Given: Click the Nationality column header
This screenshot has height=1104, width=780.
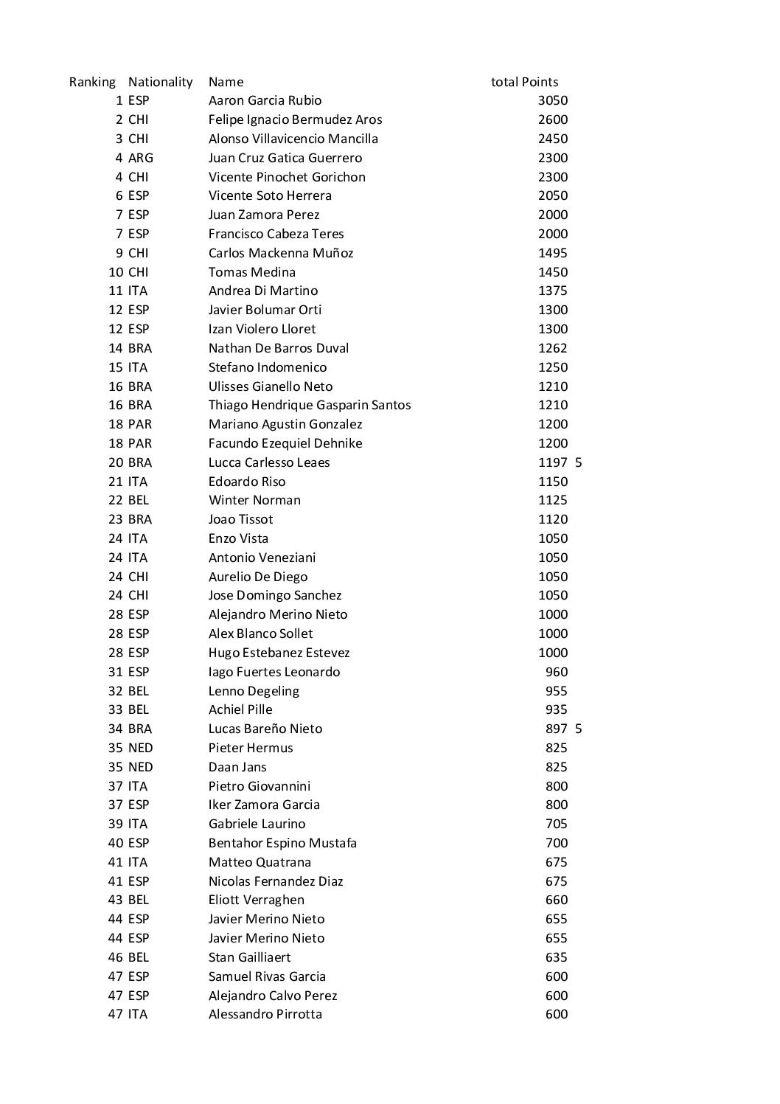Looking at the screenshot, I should pyautogui.click(x=160, y=82).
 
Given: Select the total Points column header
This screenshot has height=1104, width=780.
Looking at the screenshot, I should pyautogui.click(x=524, y=82).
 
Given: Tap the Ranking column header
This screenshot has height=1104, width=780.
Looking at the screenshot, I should pyautogui.click(x=92, y=82).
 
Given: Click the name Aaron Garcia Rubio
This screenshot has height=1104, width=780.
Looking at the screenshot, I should pyautogui.click(x=265, y=100).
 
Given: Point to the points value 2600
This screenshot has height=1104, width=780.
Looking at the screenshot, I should pyautogui.click(x=553, y=119).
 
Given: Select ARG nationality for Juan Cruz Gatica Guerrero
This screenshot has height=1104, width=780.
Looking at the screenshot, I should pyautogui.click(x=140, y=158).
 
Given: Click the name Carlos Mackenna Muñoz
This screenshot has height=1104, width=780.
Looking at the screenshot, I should pyautogui.click(x=281, y=253).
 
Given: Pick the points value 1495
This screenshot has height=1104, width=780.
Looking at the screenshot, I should pyautogui.click(x=553, y=253).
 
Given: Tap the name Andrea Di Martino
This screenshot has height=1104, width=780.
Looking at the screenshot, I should pyautogui.click(x=263, y=291).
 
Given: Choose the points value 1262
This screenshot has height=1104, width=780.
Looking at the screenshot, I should pyautogui.click(x=553, y=348).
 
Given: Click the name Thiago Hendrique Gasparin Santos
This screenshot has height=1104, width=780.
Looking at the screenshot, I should pyautogui.click(x=310, y=405).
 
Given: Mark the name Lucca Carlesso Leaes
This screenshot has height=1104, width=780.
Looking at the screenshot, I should pyautogui.click(x=269, y=462).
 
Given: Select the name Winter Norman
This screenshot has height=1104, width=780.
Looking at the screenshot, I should pyautogui.click(x=254, y=500).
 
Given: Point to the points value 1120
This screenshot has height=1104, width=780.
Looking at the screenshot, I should pyautogui.click(x=553, y=519).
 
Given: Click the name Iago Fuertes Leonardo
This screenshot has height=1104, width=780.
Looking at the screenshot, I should pyautogui.click(x=274, y=672).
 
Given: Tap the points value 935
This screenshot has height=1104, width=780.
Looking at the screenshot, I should pyautogui.click(x=557, y=709).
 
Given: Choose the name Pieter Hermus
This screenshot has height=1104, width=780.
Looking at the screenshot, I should pyautogui.click(x=251, y=748).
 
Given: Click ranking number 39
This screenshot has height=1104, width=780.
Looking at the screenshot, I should pyautogui.click(x=116, y=824).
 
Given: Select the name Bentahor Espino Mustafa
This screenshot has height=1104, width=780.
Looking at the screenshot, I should pyautogui.click(x=282, y=843).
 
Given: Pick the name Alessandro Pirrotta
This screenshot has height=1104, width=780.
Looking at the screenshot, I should pyautogui.click(x=265, y=1014).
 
